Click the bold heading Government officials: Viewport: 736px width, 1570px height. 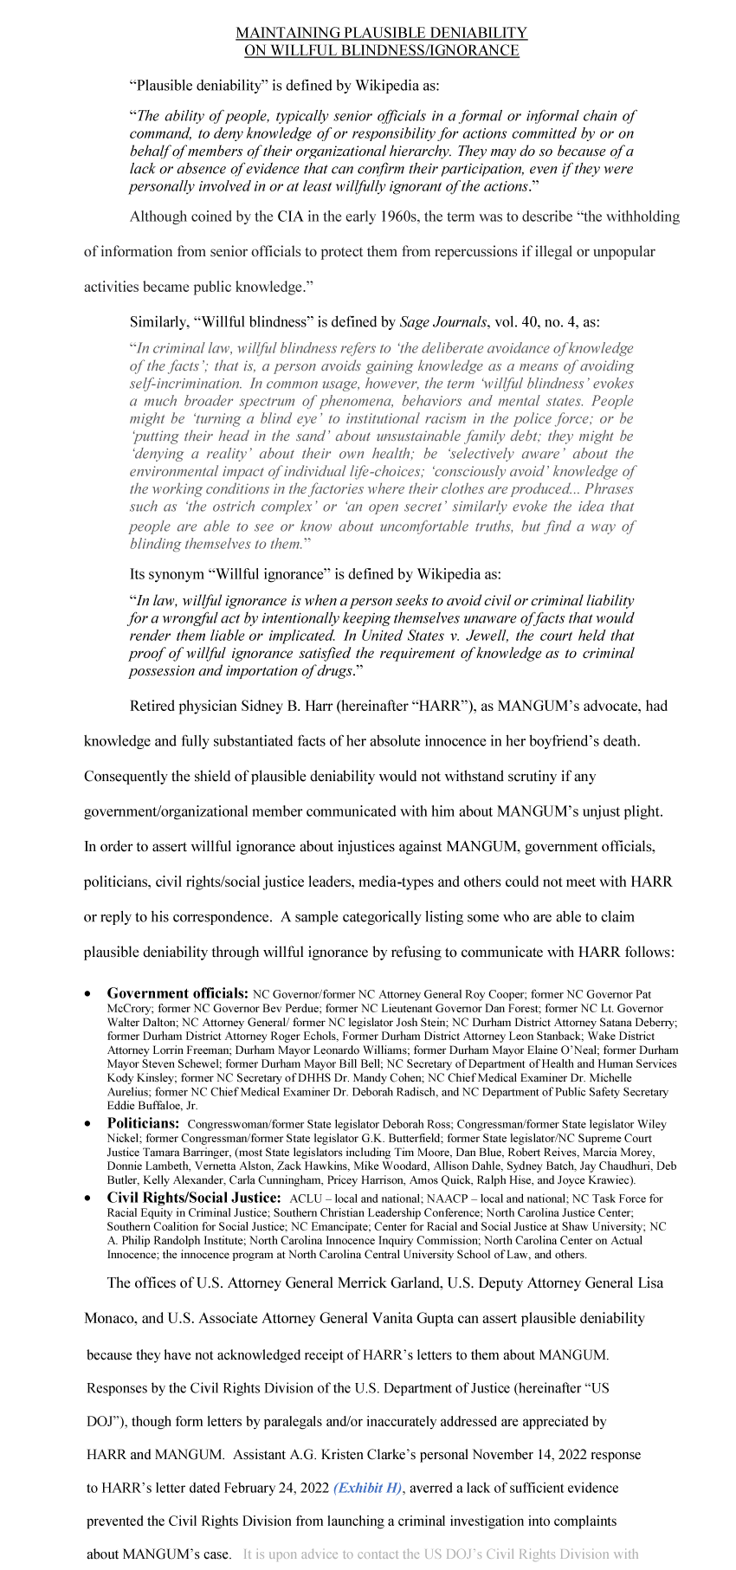pos(178,994)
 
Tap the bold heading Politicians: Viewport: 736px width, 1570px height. pos(143,1123)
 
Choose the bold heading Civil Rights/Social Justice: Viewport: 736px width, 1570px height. pos(194,1198)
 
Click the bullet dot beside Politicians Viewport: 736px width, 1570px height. pos(88,1124)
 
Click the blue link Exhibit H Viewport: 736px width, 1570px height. pos(369,1488)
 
